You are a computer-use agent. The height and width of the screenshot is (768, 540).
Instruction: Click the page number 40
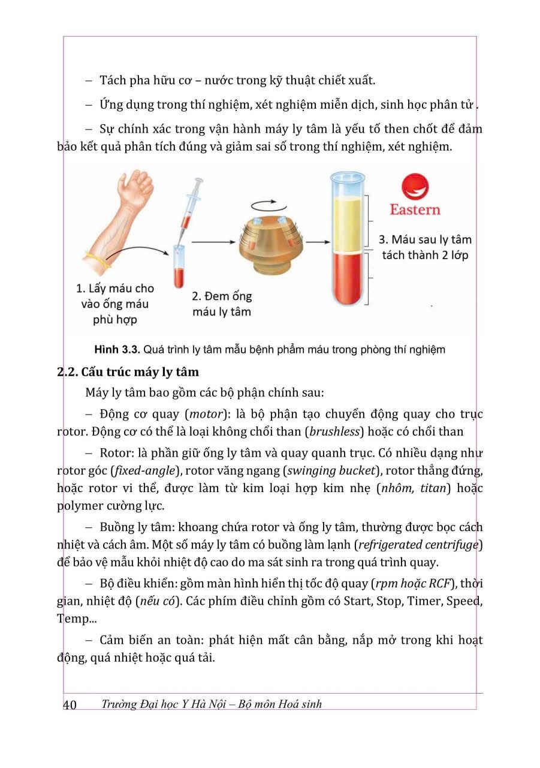(70, 704)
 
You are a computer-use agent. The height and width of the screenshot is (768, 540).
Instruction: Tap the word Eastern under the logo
(415, 209)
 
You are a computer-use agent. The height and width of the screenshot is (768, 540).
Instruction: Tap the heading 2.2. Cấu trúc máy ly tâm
(127, 372)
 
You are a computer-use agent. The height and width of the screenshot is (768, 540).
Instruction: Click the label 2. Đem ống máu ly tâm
(222, 304)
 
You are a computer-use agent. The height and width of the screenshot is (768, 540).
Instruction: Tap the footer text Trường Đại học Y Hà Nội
(165, 704)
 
